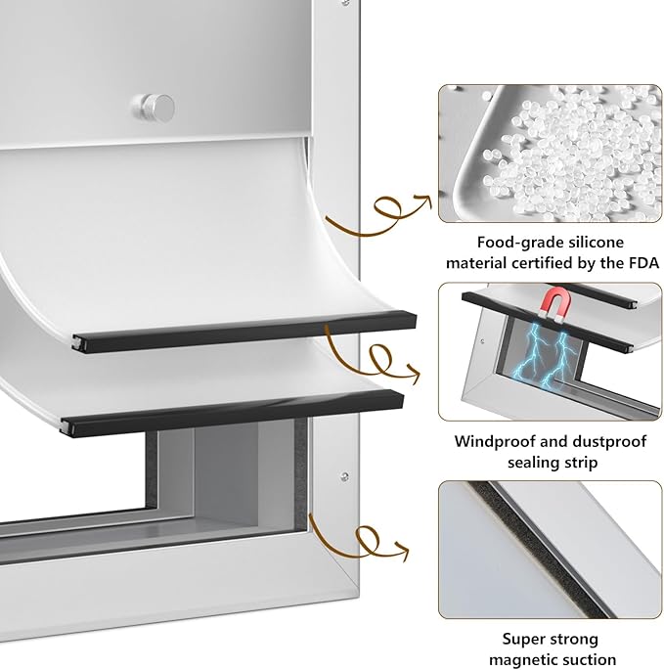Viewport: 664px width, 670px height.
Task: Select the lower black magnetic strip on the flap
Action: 233,413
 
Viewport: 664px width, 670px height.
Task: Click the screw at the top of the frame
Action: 345,3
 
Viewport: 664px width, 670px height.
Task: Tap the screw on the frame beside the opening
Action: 344,476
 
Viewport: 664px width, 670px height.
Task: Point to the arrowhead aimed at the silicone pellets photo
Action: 423,200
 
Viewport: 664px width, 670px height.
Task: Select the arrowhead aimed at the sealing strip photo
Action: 402,550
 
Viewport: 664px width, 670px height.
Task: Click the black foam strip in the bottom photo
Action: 539,549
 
